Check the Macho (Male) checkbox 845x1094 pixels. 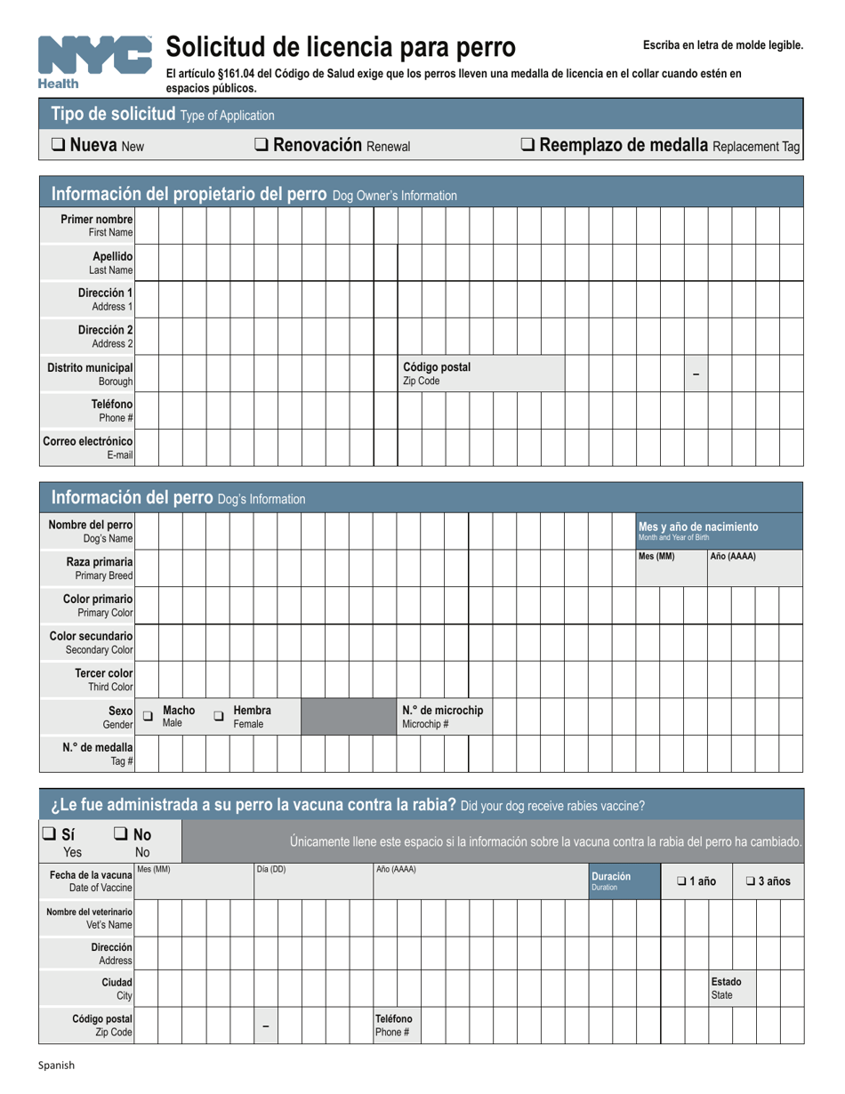click(x=149, y=716)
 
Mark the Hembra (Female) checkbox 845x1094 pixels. click(x=219, y=716)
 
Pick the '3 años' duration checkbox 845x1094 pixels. click(x=751, y=881)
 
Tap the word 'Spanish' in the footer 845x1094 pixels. click(x=55, y=1065)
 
